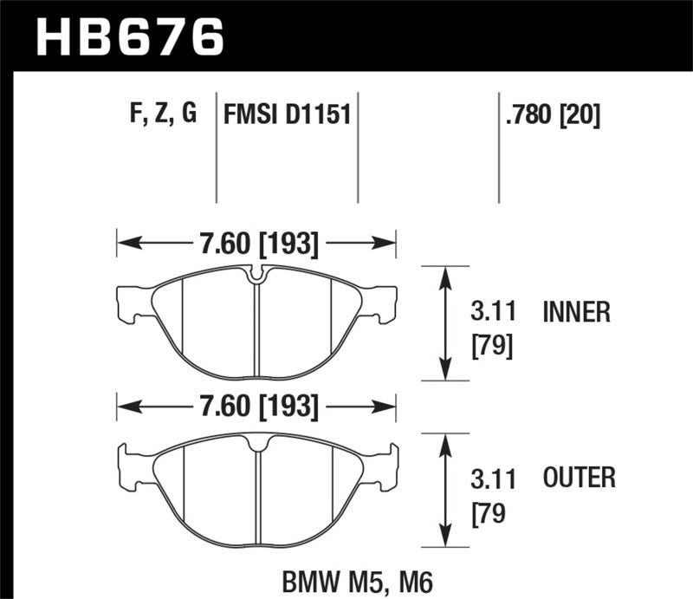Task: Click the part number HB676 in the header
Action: (x=128, y=37)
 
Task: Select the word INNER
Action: (x=577, y=311)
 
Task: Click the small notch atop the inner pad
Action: (x=256, y=276)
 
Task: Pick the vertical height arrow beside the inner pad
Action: (x=445, y=322)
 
